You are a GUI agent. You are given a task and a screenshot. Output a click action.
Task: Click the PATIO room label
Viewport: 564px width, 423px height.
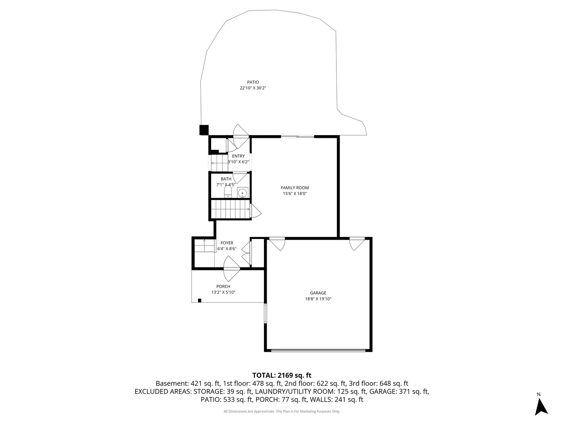click(253, 82)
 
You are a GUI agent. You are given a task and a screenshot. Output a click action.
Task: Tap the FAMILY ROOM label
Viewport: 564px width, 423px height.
click(295, 188)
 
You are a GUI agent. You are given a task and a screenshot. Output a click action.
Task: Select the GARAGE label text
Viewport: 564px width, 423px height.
click(318, 293)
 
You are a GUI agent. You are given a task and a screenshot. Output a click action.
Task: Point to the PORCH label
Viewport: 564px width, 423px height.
click(223, 286)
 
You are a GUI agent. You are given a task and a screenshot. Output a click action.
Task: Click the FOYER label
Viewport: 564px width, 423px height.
click(227, 243)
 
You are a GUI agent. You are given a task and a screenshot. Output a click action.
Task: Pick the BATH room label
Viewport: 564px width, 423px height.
click(226, 179)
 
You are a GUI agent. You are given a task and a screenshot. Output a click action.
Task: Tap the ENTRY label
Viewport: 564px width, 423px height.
click(239, 156)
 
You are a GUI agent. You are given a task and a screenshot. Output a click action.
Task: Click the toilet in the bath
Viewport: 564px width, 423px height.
click(228, 192)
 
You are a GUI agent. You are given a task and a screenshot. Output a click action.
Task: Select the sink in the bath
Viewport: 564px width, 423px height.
click(242, 192)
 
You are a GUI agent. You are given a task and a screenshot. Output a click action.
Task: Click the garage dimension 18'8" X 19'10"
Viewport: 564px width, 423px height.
click(318, 299)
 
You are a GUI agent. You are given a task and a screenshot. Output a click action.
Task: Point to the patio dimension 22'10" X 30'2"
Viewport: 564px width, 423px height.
click(253, 88)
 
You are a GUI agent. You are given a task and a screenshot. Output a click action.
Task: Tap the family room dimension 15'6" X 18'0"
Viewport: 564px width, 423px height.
click(295, 193)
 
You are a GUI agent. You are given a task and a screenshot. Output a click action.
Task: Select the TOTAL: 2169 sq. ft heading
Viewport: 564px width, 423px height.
click(282, 375)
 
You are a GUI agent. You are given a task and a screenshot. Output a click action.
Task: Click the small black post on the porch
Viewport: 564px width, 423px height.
click(199, 300)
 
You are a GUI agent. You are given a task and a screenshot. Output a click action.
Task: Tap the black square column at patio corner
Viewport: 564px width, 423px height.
click(204, 130)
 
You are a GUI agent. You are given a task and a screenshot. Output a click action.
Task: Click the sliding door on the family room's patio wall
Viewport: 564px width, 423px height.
click(297, 136)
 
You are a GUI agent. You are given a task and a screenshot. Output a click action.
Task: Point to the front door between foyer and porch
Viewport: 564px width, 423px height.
click(232, 269)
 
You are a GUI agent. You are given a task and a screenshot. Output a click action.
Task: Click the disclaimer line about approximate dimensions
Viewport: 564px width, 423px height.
click(282, 411)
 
